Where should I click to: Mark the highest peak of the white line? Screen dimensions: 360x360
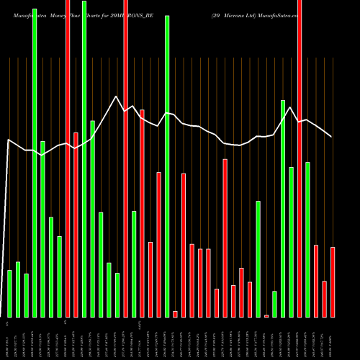(116, 96)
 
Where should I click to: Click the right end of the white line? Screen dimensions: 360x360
(331, 136)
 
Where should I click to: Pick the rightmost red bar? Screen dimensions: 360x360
(333, 282)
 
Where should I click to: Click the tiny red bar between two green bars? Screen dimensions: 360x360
(266, 315)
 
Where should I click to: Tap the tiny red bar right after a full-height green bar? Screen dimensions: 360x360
(175, 313)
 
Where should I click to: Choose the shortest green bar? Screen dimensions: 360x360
(274, 304)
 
